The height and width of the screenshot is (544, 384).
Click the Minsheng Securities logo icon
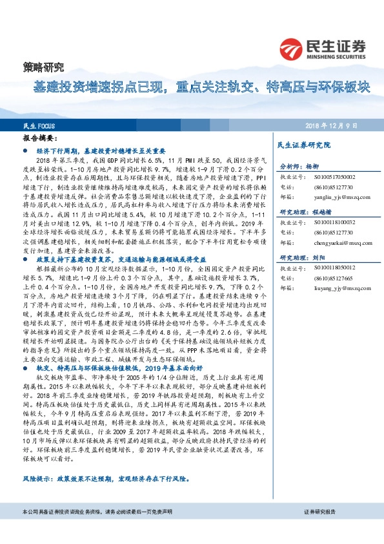point(292,48)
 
